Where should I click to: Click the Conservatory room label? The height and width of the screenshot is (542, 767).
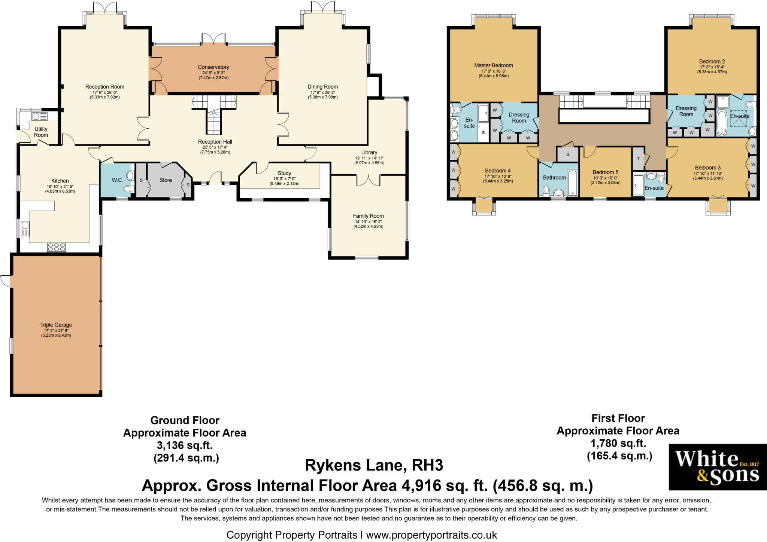pyautogui.click(x=213, y=67)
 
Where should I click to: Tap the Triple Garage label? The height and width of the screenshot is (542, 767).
pyautogui.click(x=56, y=325)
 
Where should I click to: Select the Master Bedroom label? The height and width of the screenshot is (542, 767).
pyautogui.click(x=494, y=65)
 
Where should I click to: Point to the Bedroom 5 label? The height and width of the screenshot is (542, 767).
pyautogui.click(x=606, y=172)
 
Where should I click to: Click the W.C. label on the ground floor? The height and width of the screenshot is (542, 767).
pyautogui.click(x=117, y=180)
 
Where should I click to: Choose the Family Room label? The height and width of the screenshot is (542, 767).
pyautogui.click(x=368, y=216)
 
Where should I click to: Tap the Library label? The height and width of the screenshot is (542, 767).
pyautogui.click(x=369, y=152)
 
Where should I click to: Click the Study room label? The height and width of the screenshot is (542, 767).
pyautogui.click(x=285, y=173)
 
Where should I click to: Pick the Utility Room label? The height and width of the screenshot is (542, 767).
pyautogui.click(x=41, y=132)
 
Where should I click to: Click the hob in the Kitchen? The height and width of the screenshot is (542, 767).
pyautogui.click(x=57, y=247)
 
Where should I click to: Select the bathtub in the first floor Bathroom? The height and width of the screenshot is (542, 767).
pyautogui.click(x=573, y=183)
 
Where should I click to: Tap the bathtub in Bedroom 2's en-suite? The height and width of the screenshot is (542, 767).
pyautogui.click(x=722, y=123)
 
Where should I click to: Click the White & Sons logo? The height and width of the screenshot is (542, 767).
pyautogui.click(x=718, y=467)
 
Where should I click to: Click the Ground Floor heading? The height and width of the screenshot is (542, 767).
pyautogui.click(x=185, y=420)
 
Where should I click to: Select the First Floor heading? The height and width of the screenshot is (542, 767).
pyautogui.click(x=618, y=418)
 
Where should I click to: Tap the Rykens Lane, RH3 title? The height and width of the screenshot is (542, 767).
pyautogui.click(x=374, y=465)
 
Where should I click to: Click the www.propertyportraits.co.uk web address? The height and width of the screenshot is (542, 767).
pyautogui.click(x=431, y=535)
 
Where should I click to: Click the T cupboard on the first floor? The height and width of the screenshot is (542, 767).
pyautogui.click(x=638, y=159)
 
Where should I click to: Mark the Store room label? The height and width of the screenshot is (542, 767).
pyautogui.click(x=166, y=180)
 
